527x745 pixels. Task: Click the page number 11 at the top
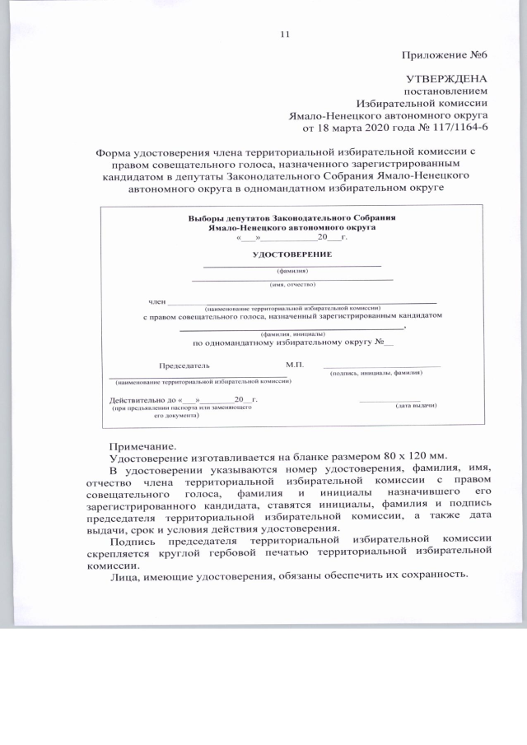[x=286, y=35]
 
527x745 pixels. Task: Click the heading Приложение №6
[x=445, y=56]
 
